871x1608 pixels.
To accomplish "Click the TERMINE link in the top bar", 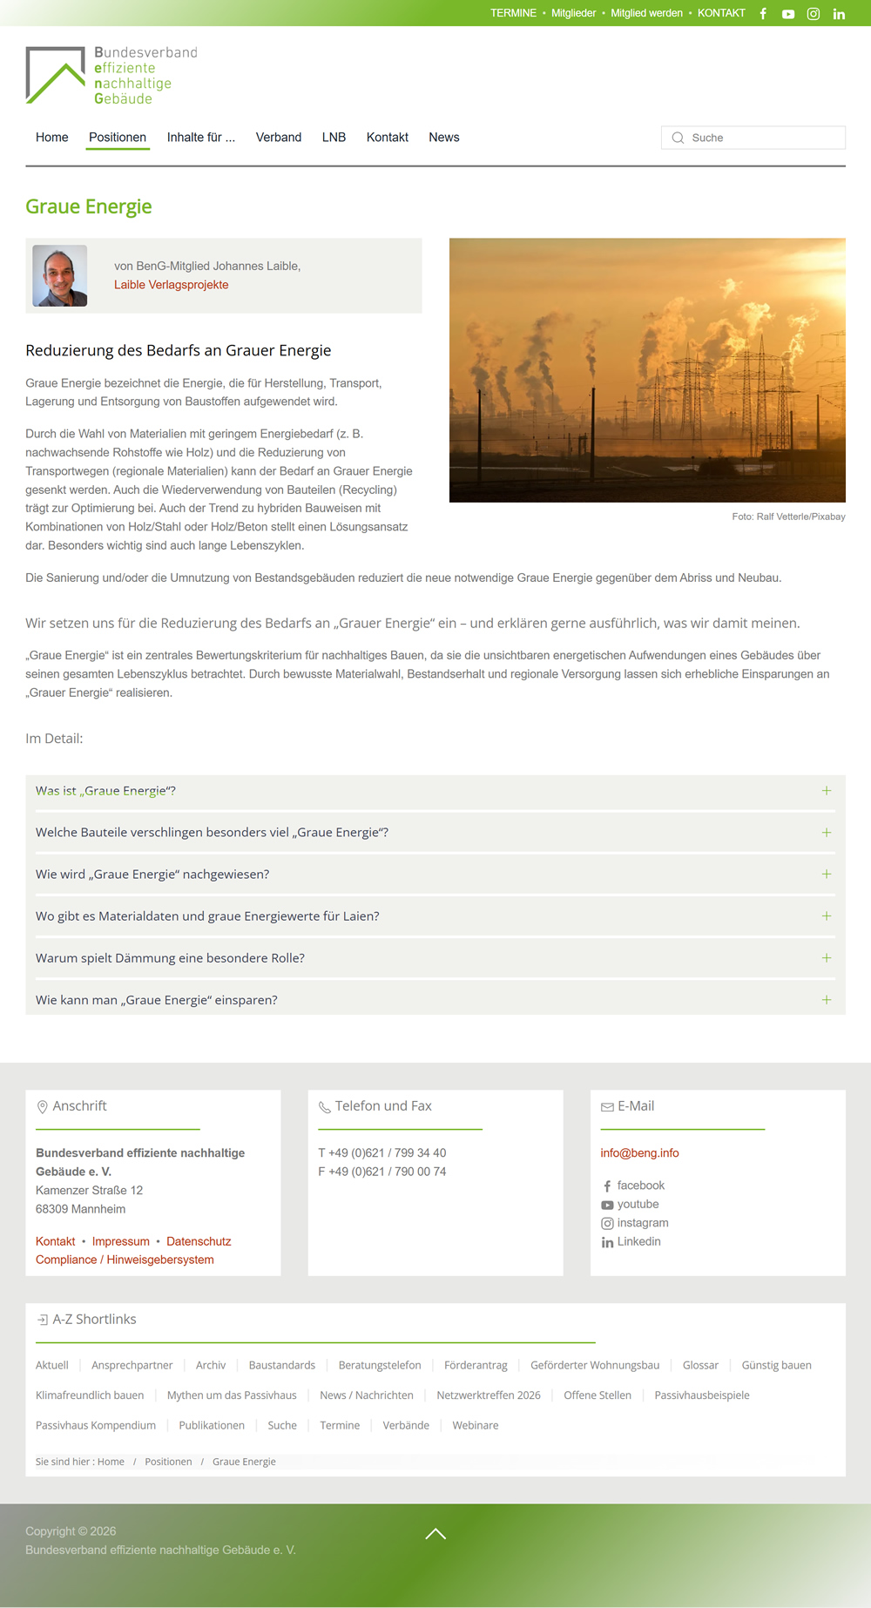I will click(513, 13).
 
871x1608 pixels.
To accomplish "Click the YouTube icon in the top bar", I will click(787, 14).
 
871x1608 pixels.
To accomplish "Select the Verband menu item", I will click(279, 138).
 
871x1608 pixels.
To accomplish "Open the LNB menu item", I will click(334, 138).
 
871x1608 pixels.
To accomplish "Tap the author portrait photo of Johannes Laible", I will click(60, 275).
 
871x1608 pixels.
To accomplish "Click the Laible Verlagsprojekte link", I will click(171, 285).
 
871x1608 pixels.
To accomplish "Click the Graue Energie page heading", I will click(89, 206).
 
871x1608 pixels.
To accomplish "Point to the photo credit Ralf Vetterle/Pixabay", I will click(788, 517).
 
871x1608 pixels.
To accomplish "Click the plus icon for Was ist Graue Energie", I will click(826, 791).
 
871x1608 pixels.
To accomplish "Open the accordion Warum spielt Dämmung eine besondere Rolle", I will click(170, 958).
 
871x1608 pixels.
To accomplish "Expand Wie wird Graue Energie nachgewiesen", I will click(152, 875).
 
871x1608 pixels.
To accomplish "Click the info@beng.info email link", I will click(639, 1153).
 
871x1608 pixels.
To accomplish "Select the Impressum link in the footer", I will click(120, 1241).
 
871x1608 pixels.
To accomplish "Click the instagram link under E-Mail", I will click(642, 1223).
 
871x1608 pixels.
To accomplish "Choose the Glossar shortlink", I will click(700, 1365).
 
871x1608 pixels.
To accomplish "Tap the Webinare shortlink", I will click(476, 1425).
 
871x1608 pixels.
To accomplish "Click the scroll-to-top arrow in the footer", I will click(435, 1534).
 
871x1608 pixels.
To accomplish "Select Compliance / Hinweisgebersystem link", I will click(125, 1260).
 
